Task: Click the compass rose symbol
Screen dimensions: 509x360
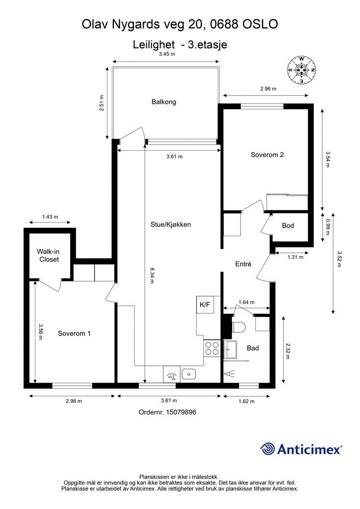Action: click(301, 70)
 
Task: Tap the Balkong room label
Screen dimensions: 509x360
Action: click(164, 102)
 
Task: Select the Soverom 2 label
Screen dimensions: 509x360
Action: click(267, 155)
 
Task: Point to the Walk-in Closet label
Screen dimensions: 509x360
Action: click(48, 255)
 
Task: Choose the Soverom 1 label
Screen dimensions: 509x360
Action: click(74, 333)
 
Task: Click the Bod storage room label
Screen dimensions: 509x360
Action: click(288, 226)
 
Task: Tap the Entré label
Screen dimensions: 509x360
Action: click(243, 264)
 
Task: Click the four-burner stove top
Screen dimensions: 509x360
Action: click(212, 346)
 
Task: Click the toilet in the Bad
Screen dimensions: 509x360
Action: click(238, 327)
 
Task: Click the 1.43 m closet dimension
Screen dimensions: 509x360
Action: click(50, 217)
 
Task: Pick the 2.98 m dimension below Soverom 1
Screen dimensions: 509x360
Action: click(73, 401)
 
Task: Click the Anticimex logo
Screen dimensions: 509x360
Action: click(301, 449)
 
